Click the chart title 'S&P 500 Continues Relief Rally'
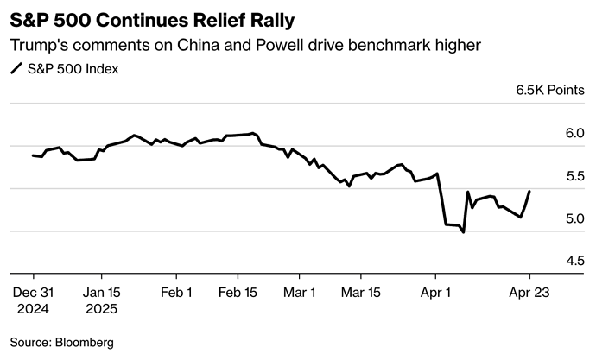click(x=158, y=16)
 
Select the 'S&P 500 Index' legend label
click(x=73, y=69)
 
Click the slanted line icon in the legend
click(x=16, y=69)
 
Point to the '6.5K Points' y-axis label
click(x=549, y=90)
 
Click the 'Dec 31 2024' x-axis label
click(x=33, y=300)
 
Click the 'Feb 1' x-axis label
click(x=177, y=293)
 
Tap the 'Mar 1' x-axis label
click(x=300, y=293)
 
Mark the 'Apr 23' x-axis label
click(x=529, y=293)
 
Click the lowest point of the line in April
click(x=464, y=232)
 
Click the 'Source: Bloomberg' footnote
click(x=62, y=342)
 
